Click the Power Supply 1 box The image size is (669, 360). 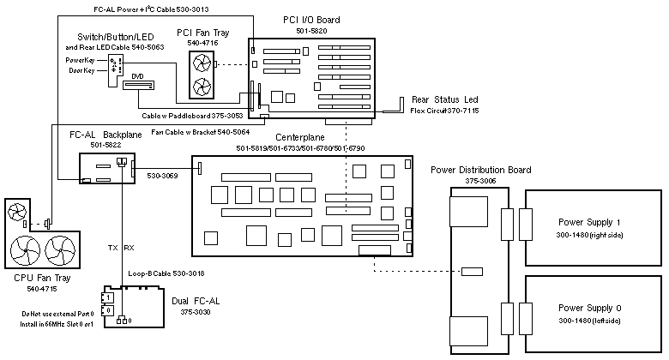(x=592, y=227)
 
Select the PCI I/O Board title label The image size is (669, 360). (x=312, y=20)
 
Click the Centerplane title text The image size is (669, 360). (x=299, y=137)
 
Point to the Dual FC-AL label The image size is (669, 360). (x=197, y=300)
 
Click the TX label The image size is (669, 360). (x=112, y=248)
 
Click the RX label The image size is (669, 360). (x=130, y=248)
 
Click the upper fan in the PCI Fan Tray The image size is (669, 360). (x=202, y=63)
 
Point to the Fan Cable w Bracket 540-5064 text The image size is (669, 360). (x=199, y=131)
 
